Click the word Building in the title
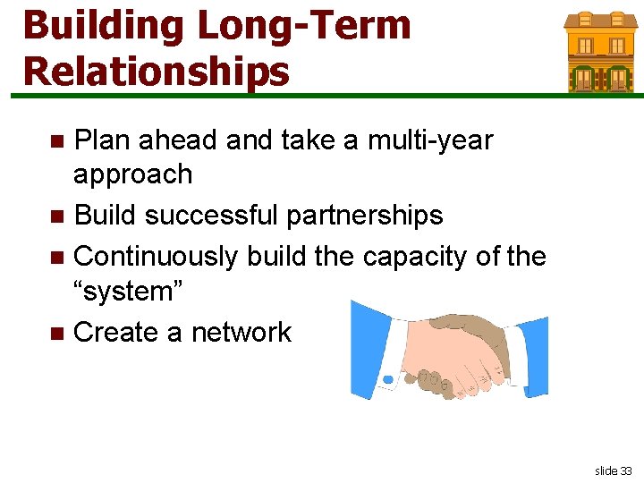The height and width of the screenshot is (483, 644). [103, 26]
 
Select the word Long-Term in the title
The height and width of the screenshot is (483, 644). [302, 26]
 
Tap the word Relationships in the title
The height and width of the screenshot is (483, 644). [157, 71]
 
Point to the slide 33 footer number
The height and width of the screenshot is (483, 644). [613, 470]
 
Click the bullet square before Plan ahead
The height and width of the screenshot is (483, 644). [57, 141]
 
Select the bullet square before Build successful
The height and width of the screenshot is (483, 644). [57, 216]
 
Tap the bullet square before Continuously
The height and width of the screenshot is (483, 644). [57, 258]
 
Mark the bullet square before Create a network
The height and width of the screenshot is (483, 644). [57, 334]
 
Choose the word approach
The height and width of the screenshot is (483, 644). [132, 174]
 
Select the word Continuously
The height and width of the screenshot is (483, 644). [157, 257]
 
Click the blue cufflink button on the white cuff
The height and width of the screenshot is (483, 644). [388, 379]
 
